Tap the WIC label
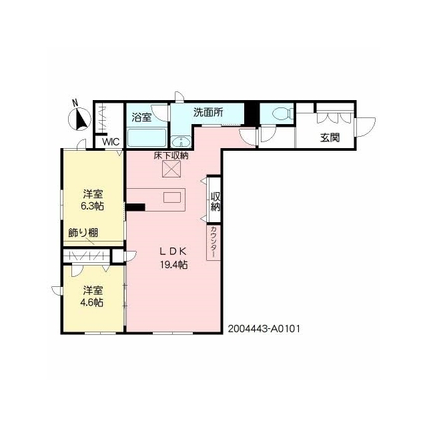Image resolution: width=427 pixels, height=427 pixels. coord(111,142)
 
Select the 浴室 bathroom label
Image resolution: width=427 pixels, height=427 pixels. coord(141,117)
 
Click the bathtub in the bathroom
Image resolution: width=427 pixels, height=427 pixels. coord(147,137)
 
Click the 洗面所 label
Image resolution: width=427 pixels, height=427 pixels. coord(208,112)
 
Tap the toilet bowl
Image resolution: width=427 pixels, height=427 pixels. coord(282,113)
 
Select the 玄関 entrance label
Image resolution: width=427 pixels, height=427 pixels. coord(330,138)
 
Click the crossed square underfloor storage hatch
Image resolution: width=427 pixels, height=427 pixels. coord(171,169)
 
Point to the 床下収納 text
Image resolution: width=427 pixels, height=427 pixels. coord(171,155)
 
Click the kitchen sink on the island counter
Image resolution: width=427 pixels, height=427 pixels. coord(172,197)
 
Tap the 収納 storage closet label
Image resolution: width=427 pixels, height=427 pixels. coord(215,201)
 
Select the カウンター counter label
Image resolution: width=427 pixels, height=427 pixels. coord(213,242)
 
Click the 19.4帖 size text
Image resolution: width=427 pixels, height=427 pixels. coord(173,265)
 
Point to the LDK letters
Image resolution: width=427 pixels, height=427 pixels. coord(173,252)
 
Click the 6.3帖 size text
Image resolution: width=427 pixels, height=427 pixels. coord(92,206)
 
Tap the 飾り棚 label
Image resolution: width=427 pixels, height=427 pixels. coord(83,233)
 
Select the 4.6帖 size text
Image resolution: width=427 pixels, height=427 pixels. coord(93,302)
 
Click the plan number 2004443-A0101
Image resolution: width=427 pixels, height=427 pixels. coord(264,329)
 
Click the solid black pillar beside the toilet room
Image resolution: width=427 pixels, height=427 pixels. coord(252,113)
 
